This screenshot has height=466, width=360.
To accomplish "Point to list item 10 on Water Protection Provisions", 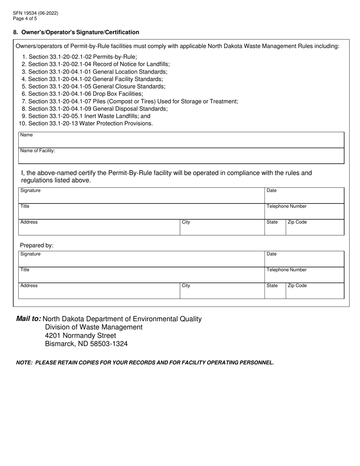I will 86,124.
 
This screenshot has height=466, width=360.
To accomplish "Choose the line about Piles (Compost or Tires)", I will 130,102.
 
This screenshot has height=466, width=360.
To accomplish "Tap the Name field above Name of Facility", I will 181,141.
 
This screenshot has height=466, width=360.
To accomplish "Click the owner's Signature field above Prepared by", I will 141,196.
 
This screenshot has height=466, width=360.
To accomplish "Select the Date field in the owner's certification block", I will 304,196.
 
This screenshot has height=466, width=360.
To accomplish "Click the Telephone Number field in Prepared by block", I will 304,276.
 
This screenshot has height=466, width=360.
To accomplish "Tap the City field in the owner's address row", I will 222,228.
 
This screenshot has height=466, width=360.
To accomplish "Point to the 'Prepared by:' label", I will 37,246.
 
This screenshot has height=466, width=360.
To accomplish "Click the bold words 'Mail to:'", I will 29,319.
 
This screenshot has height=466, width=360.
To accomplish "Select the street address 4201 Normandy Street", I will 80,336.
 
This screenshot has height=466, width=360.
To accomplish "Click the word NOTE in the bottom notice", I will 24,363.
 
